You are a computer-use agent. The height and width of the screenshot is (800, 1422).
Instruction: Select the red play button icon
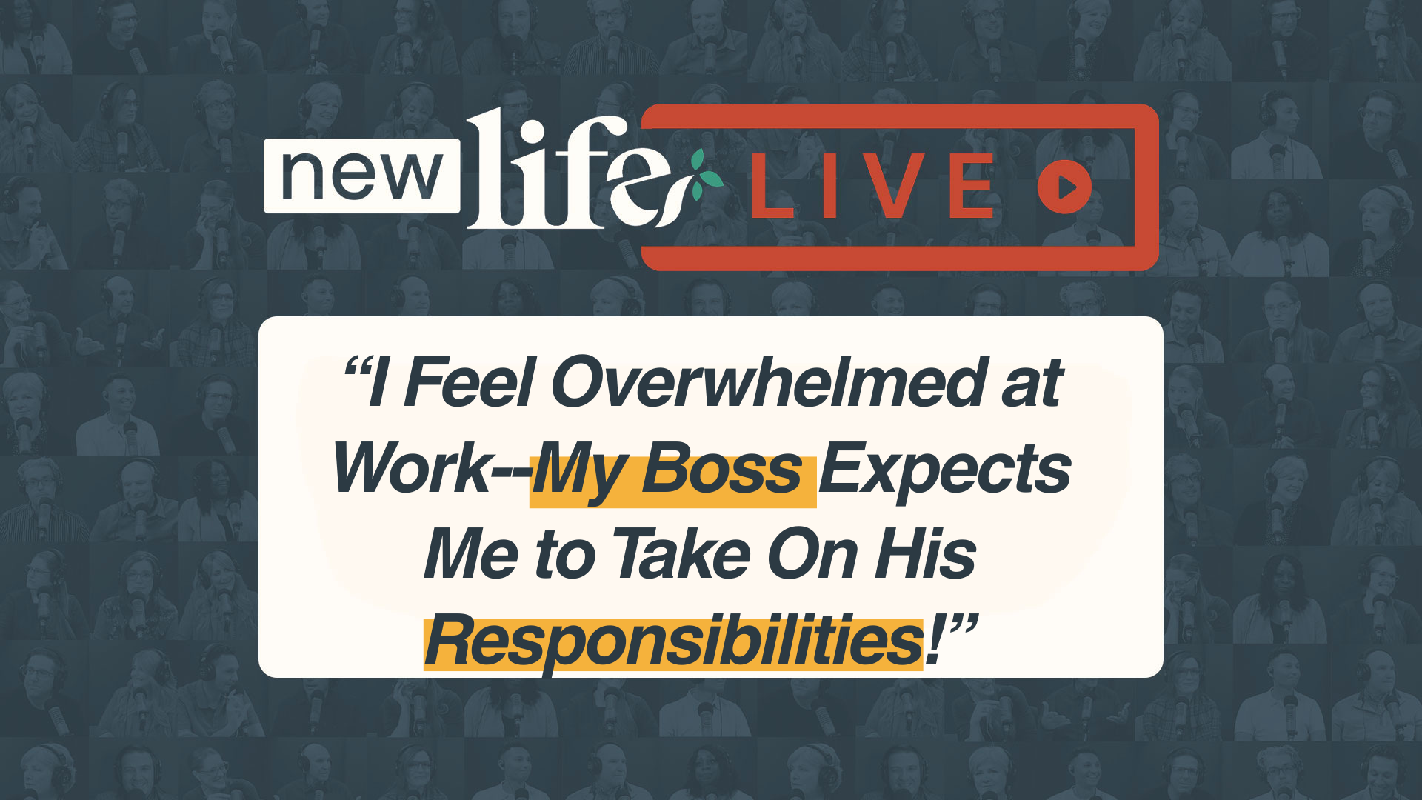point(1065,186)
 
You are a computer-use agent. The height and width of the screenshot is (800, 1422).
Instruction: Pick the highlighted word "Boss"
point(722,470)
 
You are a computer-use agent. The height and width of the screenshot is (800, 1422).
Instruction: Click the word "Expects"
point(945,474)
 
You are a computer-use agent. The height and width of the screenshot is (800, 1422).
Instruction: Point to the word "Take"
point(681,555)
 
